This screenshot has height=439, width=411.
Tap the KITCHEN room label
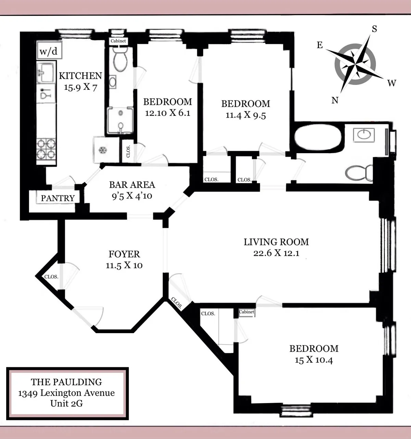[x=80, y=76]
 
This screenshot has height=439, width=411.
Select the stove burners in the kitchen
[x=46, y=149]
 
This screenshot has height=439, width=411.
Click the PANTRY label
[x=58, y=198]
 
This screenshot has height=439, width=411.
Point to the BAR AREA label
[x=132, y=185]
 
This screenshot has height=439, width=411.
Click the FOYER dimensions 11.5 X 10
[x=124, y=265]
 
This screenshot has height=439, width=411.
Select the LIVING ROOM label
[x=276, y=242]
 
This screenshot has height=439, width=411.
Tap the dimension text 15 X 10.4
[x=314, y=360]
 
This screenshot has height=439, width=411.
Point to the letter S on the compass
[x=374, y=29]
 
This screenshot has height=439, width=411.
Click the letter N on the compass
[x=335, y=100]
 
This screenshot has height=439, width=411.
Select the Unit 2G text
[x=66, y=403]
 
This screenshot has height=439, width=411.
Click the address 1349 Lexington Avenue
[x=66, y=393]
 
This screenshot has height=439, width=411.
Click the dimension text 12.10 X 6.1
[x=167, y=113]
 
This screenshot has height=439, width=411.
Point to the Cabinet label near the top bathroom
[x=118, y=41]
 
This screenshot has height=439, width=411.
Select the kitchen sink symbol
[x=46, y=72]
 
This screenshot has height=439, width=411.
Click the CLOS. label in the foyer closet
[x=51, y=277]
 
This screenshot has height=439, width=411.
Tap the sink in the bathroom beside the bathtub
[x=364, y=135]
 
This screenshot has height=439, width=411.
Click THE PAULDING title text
[x=66, y=382]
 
